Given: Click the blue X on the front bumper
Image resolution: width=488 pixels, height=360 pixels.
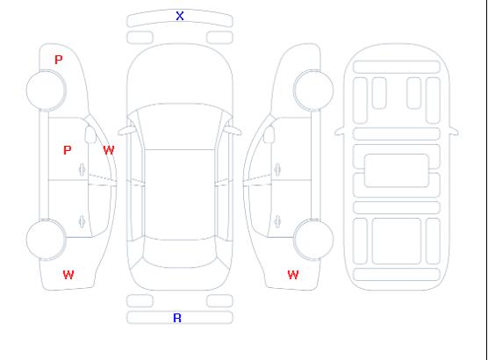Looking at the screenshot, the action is (x=180, y=16).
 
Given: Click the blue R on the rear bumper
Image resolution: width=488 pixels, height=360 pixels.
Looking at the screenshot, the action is (x=177, y=318).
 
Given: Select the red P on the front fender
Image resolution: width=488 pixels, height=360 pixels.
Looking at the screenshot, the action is (x=59, y=60).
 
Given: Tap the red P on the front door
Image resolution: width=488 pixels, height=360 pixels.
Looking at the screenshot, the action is (x=68, y=150).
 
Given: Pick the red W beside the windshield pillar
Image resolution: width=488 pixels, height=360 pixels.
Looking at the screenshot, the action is (x=109, y=150).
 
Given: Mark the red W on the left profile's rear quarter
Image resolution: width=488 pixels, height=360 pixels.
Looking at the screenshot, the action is (x=68, y=275).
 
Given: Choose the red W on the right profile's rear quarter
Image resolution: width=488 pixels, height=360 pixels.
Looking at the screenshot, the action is (x=293, y=275).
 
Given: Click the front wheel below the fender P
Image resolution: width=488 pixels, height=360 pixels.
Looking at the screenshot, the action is (x=46, y=90).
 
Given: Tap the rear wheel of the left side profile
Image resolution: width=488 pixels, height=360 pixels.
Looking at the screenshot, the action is (x=46, y=240).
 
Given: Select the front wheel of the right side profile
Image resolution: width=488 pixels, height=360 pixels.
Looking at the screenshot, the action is (x=313, y=90).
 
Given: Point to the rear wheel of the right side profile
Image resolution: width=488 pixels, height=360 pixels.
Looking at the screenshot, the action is (x=313, y=240).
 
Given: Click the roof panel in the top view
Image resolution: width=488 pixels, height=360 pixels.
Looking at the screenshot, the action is (x=180, y=195).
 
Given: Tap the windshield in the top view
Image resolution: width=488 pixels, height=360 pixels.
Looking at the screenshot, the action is (x=180, y=126).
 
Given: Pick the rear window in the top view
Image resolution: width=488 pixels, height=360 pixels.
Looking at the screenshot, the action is (x=180, y=253).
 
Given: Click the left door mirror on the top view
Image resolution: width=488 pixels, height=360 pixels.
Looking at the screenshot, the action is (x=126, y=131).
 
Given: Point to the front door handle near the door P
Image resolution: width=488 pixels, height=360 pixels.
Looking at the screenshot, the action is (x=82, y=169).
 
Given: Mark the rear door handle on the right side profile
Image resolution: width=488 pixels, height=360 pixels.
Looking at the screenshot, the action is (x=277, y=221).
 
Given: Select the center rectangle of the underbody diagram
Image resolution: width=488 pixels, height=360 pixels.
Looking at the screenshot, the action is (x=397, y=170).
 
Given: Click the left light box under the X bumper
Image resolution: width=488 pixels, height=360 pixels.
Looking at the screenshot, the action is (x=140, y=38).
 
